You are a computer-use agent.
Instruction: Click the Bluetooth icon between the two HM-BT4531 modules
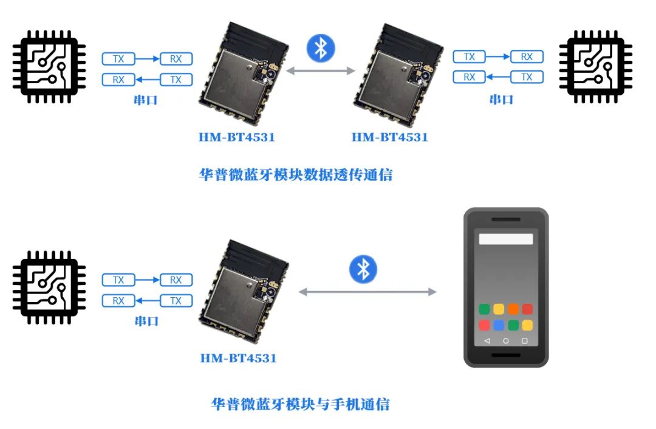coord(321,48)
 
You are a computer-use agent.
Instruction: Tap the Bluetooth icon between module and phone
coord(363,269)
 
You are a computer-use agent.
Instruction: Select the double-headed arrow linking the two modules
coord(321,71)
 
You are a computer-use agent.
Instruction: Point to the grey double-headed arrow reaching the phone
coord(367,292)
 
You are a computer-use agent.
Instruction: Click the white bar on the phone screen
coord(506,239)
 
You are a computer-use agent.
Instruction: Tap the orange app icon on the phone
coord(513,309)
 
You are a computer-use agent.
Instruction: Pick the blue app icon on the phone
coord(499,325)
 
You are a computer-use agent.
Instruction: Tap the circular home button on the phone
coord(506,341)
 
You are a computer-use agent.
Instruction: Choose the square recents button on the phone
coord(525,341)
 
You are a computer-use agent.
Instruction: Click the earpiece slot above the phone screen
coord(506,219)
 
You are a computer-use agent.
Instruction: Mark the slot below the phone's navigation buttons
coord(506,355)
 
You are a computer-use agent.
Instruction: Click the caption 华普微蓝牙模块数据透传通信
coord(296,174)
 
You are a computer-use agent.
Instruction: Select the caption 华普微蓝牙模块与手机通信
coord(301,404)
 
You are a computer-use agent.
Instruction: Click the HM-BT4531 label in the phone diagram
coord(239,359)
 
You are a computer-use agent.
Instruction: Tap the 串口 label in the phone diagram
coord(146,321)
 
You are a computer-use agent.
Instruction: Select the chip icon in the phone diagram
coord(49,287)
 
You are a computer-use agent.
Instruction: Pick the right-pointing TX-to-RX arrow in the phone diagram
coord(147,280)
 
